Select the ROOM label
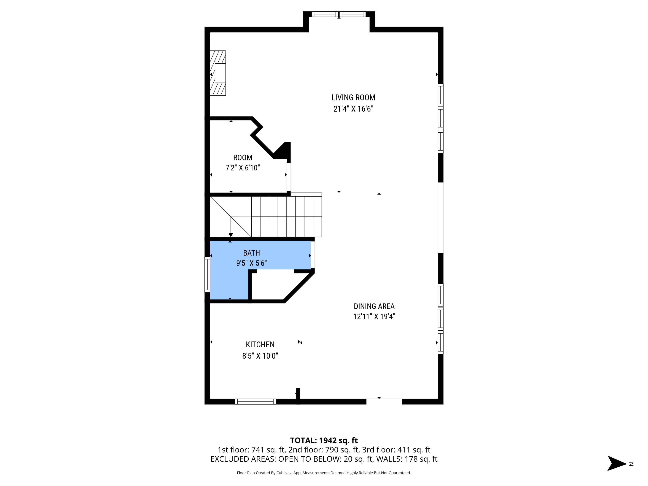[x=243, y=158]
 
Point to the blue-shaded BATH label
[x=251, y=253]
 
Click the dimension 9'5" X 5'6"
[x=251, y=263]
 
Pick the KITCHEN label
[x=260, y=345]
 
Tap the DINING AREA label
[x=374, y=307]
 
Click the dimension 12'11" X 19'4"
[x=374, y=317]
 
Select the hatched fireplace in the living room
[x=218, y=73]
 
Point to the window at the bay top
[x=339, y=14]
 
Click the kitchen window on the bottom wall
[x=255, y=401]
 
